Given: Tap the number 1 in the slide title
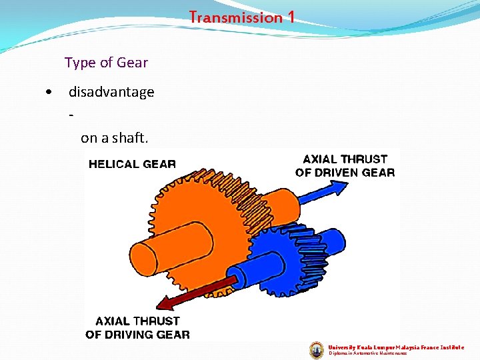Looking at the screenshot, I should (291, 17).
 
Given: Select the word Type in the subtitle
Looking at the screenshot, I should (80, 63).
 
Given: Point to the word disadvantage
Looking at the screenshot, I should (111, 92).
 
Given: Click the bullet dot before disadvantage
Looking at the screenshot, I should (49, 92).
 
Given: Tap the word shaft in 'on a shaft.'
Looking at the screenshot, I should (132, 138).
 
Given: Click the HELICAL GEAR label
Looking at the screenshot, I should (132, 164).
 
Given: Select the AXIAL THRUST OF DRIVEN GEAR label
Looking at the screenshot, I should (345, 166).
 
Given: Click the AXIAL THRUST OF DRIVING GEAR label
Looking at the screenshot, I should (137, 328).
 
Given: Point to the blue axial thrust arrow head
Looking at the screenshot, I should (338, 189).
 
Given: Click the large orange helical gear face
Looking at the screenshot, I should (200, 213).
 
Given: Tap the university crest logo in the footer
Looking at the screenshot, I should (317, 350).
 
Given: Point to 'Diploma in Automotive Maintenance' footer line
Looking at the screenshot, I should (368, 353).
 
